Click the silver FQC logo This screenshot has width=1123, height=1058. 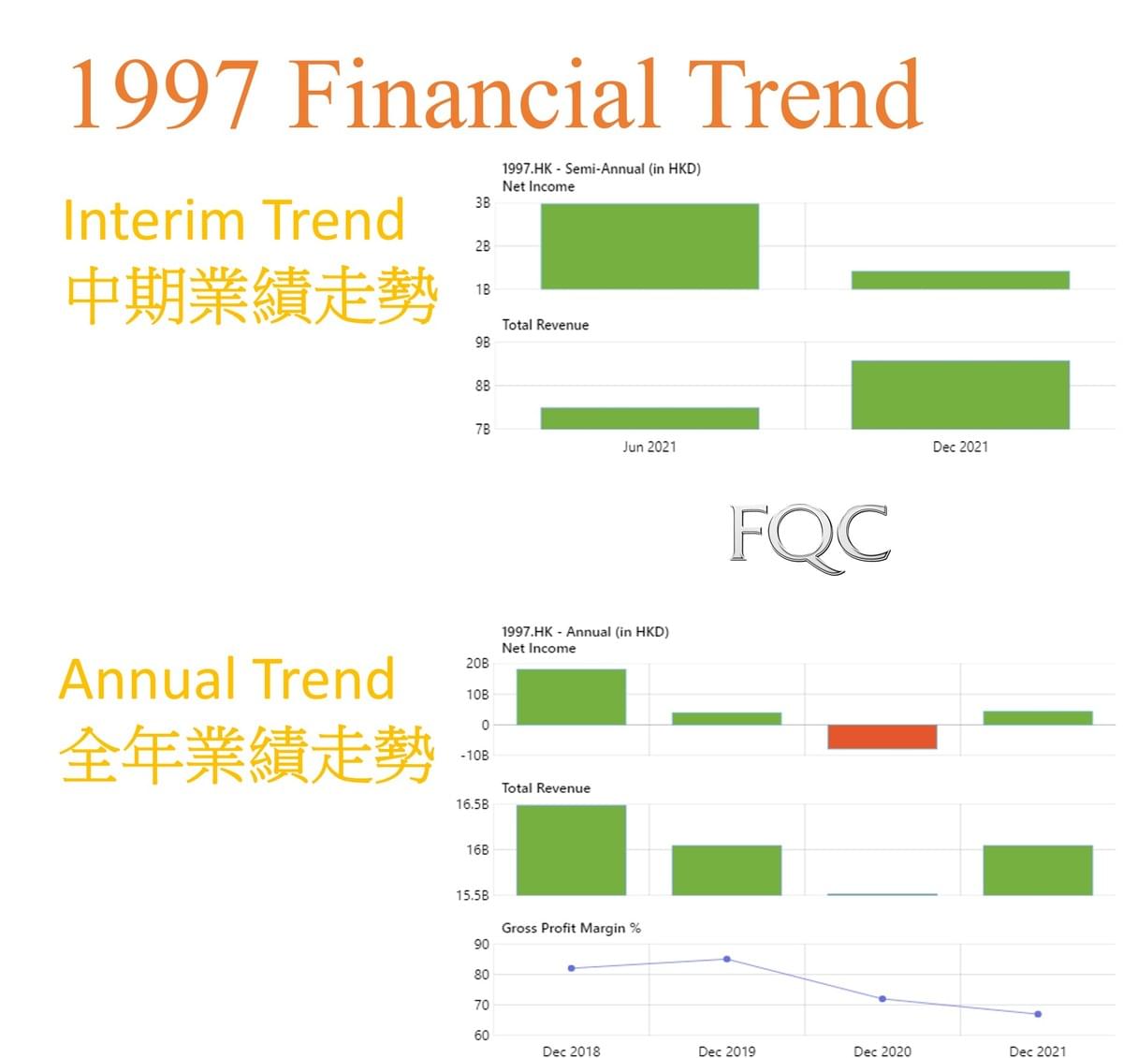809,538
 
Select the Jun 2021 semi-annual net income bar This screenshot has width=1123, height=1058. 649,246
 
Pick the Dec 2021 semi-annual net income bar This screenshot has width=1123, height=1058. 960,280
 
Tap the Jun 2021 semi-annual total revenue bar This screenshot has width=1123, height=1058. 649,419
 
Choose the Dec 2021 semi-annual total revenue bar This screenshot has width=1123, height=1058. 960,394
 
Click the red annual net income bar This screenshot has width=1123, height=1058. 882,736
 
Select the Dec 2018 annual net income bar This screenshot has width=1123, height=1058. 571,697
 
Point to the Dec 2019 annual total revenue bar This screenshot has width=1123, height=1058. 726,870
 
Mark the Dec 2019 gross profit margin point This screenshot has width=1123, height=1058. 726,959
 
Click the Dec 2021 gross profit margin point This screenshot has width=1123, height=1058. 1038,1014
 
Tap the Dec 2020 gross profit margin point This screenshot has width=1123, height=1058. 882,999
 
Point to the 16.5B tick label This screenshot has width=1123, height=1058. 473,804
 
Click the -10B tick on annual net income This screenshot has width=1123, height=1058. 474,756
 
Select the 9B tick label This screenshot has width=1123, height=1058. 482,343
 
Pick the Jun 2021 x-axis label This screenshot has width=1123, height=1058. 649,447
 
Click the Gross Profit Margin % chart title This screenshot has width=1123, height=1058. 571,928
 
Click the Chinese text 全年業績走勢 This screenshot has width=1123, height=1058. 246,754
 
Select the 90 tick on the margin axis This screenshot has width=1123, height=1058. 482,944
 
